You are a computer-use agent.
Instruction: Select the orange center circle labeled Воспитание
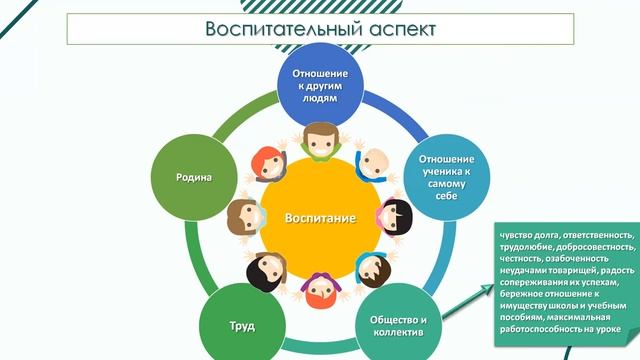319,216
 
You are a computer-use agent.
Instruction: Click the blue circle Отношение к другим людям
320,86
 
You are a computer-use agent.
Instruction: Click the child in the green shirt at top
319,140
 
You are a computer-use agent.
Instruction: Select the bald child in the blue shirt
371,161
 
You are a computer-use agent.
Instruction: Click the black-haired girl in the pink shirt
393,216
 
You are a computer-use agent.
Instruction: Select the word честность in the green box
521,259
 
